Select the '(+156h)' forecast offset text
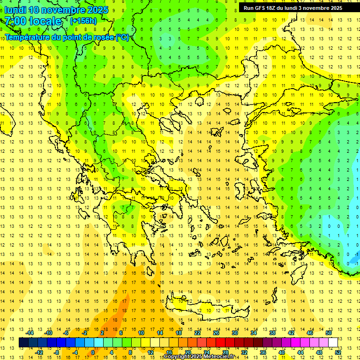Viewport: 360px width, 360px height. [83, 21]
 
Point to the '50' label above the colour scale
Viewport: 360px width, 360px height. [328, 333]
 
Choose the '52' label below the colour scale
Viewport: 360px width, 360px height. [338, 352]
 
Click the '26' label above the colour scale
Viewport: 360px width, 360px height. [216, 333]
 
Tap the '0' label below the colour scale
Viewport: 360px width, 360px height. [93, 352]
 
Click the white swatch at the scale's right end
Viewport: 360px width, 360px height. [333, 343]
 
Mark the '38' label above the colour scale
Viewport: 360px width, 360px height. [272, 333]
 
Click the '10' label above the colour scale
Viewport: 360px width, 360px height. [141, 333]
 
